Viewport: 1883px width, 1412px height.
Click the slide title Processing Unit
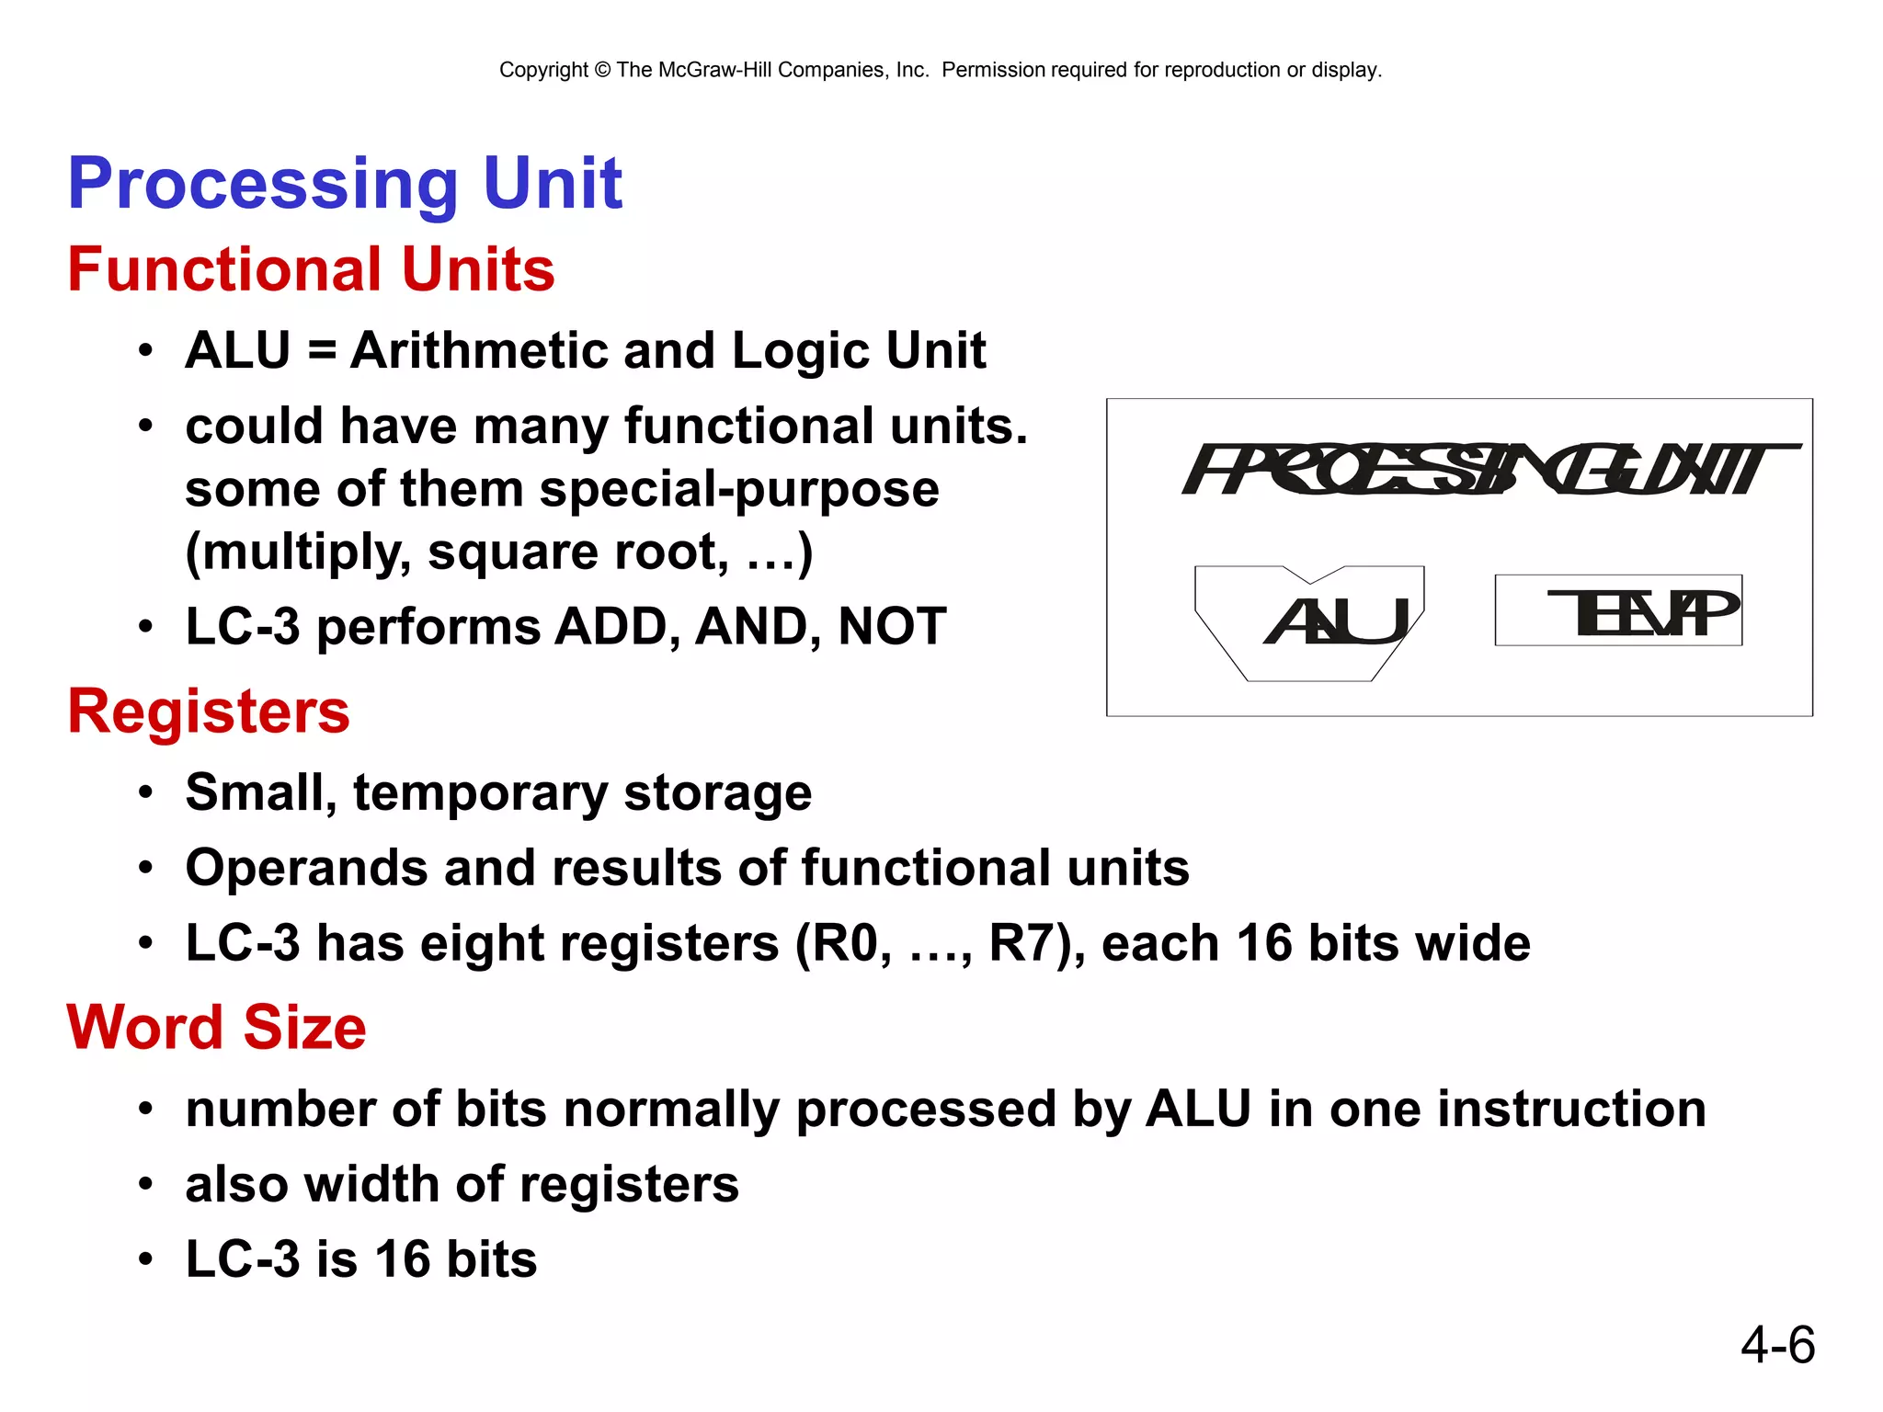coord(345,183)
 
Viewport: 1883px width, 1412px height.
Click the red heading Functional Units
coord(311,269)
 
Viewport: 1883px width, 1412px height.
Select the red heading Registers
coord(209,712)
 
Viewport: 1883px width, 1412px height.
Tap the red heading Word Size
coord(217,1027)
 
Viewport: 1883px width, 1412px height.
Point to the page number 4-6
coord(1777,1345)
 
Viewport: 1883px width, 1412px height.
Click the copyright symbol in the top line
coord(602,70)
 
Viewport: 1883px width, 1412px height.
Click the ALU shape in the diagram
coord(1309,622)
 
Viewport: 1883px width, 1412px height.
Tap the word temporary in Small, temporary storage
coord(479,792)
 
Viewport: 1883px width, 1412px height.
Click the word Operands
coord(306,868)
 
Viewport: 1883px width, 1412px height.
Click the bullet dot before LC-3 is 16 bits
coord(145,1259)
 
